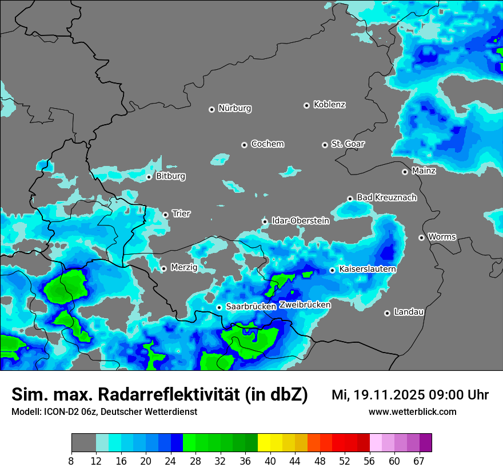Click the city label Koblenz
point(329,105)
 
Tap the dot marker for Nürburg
point(211,109)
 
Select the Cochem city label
point(267,144)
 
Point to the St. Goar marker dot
point(325,145)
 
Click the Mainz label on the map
point(424,171)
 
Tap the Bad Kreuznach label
point(386,197)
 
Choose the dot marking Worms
point(421,237)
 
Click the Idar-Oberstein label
point(300,220)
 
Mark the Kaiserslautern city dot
point(332,270)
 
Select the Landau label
point(409,312)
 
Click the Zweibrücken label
point(305,304)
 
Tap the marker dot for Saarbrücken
point(219,307)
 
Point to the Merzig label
point(184,267)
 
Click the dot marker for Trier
point(166,215)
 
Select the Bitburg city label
point(170,176)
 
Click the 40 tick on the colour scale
point(270,461)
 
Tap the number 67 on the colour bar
point(419,461)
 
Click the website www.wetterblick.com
point(412,411)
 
